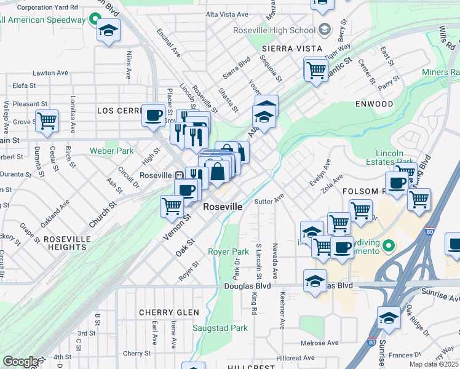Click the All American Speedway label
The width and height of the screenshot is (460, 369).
[x=43, y=20]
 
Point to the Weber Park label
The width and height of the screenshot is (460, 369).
[x=111, y=151]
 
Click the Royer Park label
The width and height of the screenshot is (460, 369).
[x=228, y=252]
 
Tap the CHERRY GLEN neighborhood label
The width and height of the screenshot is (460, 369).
[x=169, y=312]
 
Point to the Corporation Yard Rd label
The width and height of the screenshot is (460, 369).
[x=47, y=7]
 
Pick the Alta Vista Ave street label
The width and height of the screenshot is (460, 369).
[x=228, y=14]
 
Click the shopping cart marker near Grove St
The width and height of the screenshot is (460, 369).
[x=47, y=121]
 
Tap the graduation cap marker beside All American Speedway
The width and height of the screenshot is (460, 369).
[x=108, y=31]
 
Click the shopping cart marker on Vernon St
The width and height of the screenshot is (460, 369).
[x=172, y=206]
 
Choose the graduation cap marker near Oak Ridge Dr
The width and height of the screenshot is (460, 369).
[x=389, y=318]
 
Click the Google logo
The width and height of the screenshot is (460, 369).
[x=20, y=362]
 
